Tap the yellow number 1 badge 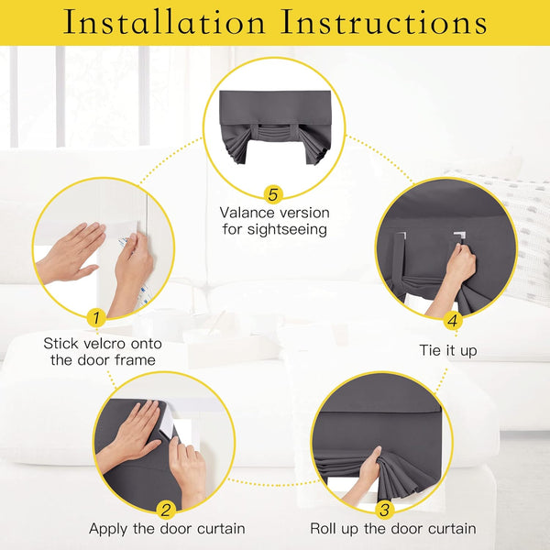(95, 318)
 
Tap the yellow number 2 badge (166, 511)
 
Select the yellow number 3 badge (384, 509)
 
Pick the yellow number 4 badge (453, 321)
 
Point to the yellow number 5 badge (272, 193)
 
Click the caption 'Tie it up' (447, 351)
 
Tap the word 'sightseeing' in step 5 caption (275, 229)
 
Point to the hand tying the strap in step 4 (460, 265)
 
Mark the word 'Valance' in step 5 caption (248, 213)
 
